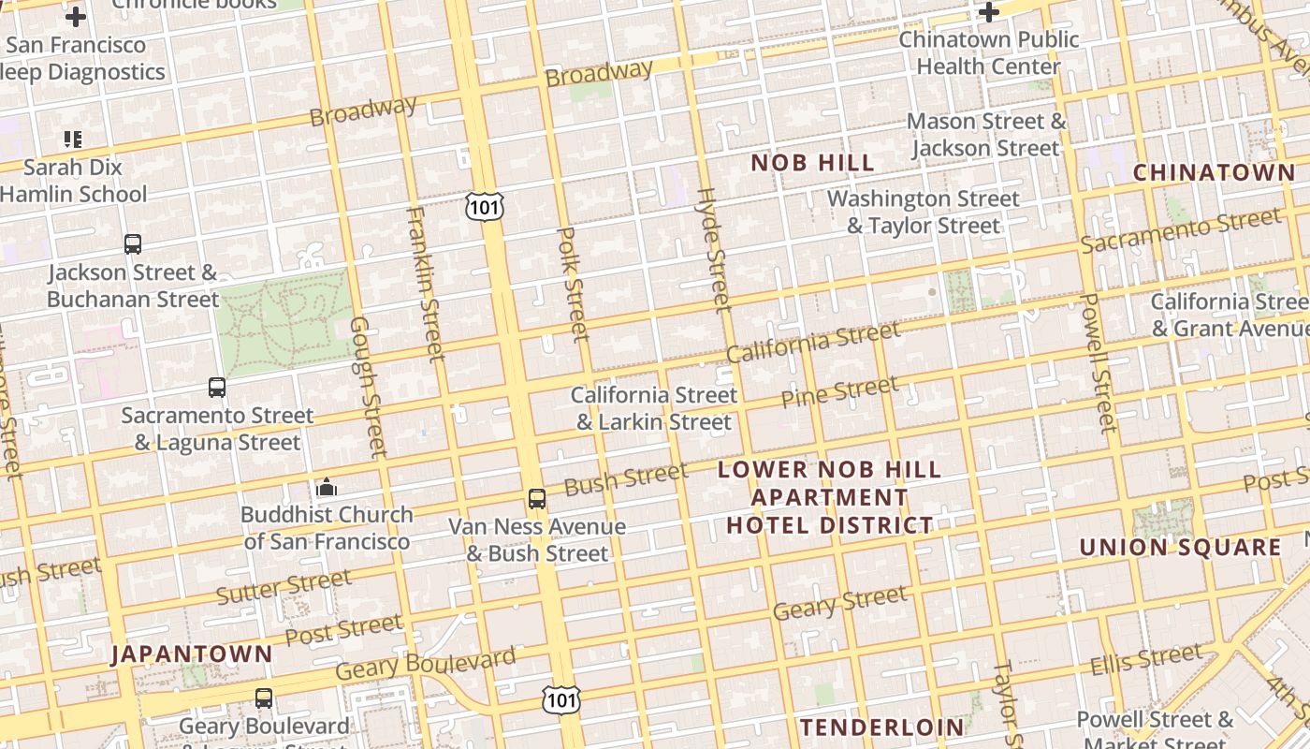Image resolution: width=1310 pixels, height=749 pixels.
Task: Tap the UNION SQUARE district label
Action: click(x=1180, y=547)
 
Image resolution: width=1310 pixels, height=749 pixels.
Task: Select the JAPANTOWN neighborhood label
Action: click(x=192, y=654)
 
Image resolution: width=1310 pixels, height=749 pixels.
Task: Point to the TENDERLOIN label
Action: click(x=881, y=727)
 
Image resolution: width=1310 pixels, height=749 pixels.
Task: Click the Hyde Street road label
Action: click(x=714, y=249)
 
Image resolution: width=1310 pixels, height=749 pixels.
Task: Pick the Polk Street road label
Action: click(x=574, y=284)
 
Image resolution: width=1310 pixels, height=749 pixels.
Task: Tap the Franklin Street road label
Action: click(x=425, y=284)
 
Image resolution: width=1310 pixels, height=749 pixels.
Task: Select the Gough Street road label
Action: click(x=368, y=387)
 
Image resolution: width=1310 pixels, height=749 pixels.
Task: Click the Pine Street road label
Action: click(x=839, y=392)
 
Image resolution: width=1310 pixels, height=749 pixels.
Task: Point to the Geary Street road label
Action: click(x=839, y=602)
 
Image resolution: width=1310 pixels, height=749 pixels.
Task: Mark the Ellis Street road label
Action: click(x=1146, y=660)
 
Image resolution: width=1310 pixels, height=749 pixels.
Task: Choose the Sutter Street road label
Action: click(x=284, y=587)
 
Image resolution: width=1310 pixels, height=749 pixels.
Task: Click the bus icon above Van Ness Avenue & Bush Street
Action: click(x=536, y=499)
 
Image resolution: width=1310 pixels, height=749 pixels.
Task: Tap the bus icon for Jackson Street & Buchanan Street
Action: click(x=133, y=244)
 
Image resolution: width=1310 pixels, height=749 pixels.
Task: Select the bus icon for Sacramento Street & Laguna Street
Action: click(x=217, y=387)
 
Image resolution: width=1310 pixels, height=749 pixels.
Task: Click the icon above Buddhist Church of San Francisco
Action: click(x=327, y=487)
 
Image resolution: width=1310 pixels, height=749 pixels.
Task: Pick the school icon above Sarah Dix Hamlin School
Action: click(x=73, y=140)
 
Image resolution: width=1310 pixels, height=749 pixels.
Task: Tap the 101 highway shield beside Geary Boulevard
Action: click(x=560, y=699)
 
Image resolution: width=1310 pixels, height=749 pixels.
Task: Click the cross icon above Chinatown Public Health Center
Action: click(x=989, y=12)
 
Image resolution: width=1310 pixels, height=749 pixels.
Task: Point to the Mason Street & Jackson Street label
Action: click(x=986, y=135)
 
